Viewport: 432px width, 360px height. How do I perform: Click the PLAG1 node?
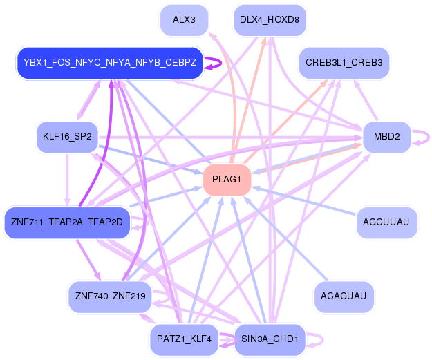tap(226, 180)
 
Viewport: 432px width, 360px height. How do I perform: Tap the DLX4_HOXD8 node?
tap(269, 19)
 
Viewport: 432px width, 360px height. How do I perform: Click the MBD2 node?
tap(386, 136)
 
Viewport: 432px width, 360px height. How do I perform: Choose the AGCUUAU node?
tap(386, 222)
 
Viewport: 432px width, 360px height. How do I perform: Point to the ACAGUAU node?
tap(344, 296)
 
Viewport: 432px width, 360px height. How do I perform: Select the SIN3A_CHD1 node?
tap(269, 339)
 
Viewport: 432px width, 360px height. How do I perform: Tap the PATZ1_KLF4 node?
tap(184, 339)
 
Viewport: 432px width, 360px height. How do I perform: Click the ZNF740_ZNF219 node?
tap(110, 296)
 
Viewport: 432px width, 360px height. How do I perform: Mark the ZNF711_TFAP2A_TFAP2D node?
tap(67, 222)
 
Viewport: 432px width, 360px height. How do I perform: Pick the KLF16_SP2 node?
tap(67, 136)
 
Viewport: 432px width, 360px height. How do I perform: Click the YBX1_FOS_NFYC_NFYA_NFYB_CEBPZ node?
tap(110, 63)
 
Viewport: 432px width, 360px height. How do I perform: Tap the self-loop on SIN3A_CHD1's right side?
tap(319, 339)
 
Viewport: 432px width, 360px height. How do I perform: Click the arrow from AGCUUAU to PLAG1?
tap(304, 201)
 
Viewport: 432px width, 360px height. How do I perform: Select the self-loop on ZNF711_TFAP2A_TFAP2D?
tap(143, 222)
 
